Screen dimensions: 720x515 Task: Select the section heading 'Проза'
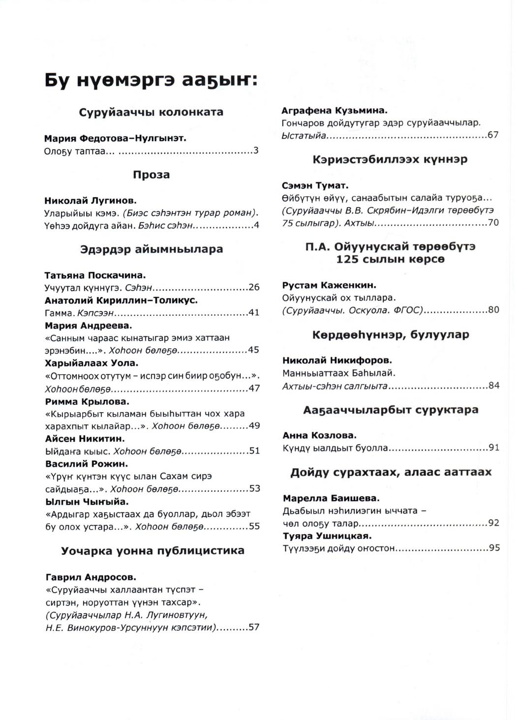click(151, 175)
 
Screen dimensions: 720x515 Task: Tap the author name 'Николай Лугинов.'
click(91, 201)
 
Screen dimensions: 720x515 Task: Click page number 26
click(254, 288)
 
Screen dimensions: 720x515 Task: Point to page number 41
click(254, 313)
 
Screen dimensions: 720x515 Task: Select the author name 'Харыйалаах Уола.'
click(91, 363)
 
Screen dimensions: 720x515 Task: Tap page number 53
click(254, 489)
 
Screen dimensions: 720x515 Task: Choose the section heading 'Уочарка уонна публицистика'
click(152, 550)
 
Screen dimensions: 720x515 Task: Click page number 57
click(254, 628)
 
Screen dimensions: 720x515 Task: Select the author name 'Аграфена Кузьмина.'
click(335, 111)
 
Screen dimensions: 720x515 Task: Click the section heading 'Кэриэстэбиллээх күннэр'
click(390, 159)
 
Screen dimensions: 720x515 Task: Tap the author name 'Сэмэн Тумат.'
click(315, 186)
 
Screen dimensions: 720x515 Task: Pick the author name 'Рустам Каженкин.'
click(329, 285)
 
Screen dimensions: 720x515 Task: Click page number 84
click(494, 386)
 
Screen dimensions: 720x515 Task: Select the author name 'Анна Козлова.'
click(320, 435)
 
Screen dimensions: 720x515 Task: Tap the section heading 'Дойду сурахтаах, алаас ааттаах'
click(391, 472)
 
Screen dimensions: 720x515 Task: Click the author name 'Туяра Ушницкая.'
click(327, 536)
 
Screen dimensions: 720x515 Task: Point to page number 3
click(256, 151)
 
